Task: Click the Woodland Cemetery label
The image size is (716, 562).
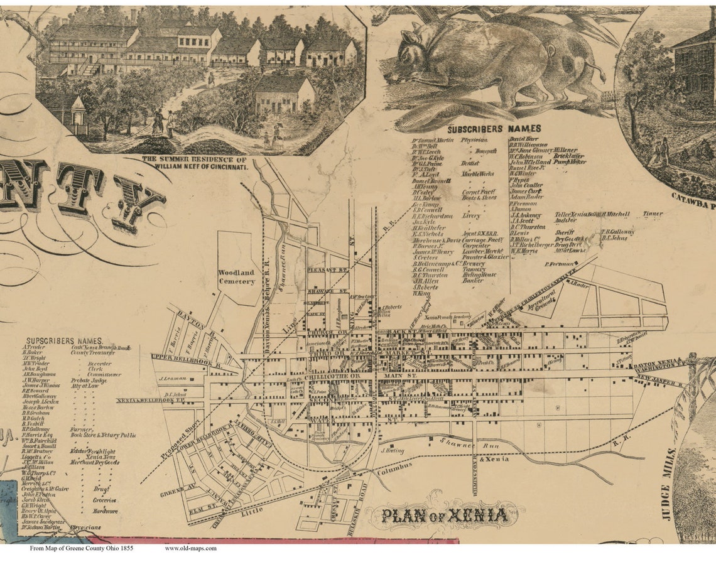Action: pos(236,277)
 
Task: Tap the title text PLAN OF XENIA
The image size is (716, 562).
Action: pos(445,516)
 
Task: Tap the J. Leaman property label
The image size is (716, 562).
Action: pos(170,379)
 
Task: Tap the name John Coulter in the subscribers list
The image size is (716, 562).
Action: pos(526,185)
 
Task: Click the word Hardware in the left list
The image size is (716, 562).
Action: pos(105,511)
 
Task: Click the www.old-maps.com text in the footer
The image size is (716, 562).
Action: pos(191,548)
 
